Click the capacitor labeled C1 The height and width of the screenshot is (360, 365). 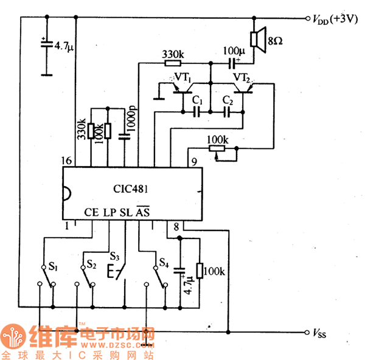point(196,111)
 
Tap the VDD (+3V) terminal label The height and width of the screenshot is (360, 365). point(334,19)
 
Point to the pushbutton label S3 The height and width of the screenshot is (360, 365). point(115,255)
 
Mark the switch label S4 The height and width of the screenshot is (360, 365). point(164,263)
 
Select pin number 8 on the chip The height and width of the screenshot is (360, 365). point(176,227)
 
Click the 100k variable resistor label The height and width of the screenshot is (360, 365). point(217,139)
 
